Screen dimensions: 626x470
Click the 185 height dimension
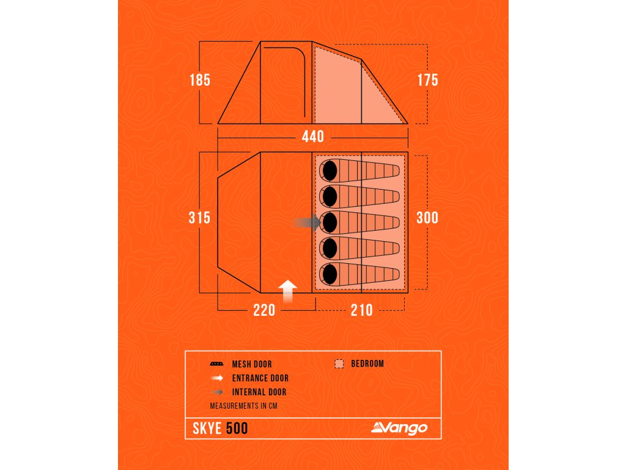click(x=199, y=80)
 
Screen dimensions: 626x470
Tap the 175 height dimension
click(x=427, y=80)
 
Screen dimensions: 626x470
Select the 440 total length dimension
click(x=312, y=136)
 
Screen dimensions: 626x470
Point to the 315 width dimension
click(x=199, y=217)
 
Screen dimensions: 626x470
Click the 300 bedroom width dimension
click(x=427, y=217)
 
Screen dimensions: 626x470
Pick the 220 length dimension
click(x=264, y=310)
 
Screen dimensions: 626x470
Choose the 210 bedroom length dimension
click(x=362, y=310)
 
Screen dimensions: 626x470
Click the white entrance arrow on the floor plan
click(x=288, y=291)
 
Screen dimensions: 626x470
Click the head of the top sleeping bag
click(x=330, y=170)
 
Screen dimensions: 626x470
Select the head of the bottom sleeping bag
click(x=330, y=274)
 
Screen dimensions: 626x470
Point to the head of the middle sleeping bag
click(x=330, y=222)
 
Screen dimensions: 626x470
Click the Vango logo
click(x=399, y=428)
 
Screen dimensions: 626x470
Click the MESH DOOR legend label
click(x=252, y=364)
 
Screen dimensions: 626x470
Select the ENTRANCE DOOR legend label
click(x=260, y=378)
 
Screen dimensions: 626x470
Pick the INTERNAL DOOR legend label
click(x=259, y=392)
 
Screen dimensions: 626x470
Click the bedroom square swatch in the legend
click(x=339, y=364)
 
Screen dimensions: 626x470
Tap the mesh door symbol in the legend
click(x=216, y=364)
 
